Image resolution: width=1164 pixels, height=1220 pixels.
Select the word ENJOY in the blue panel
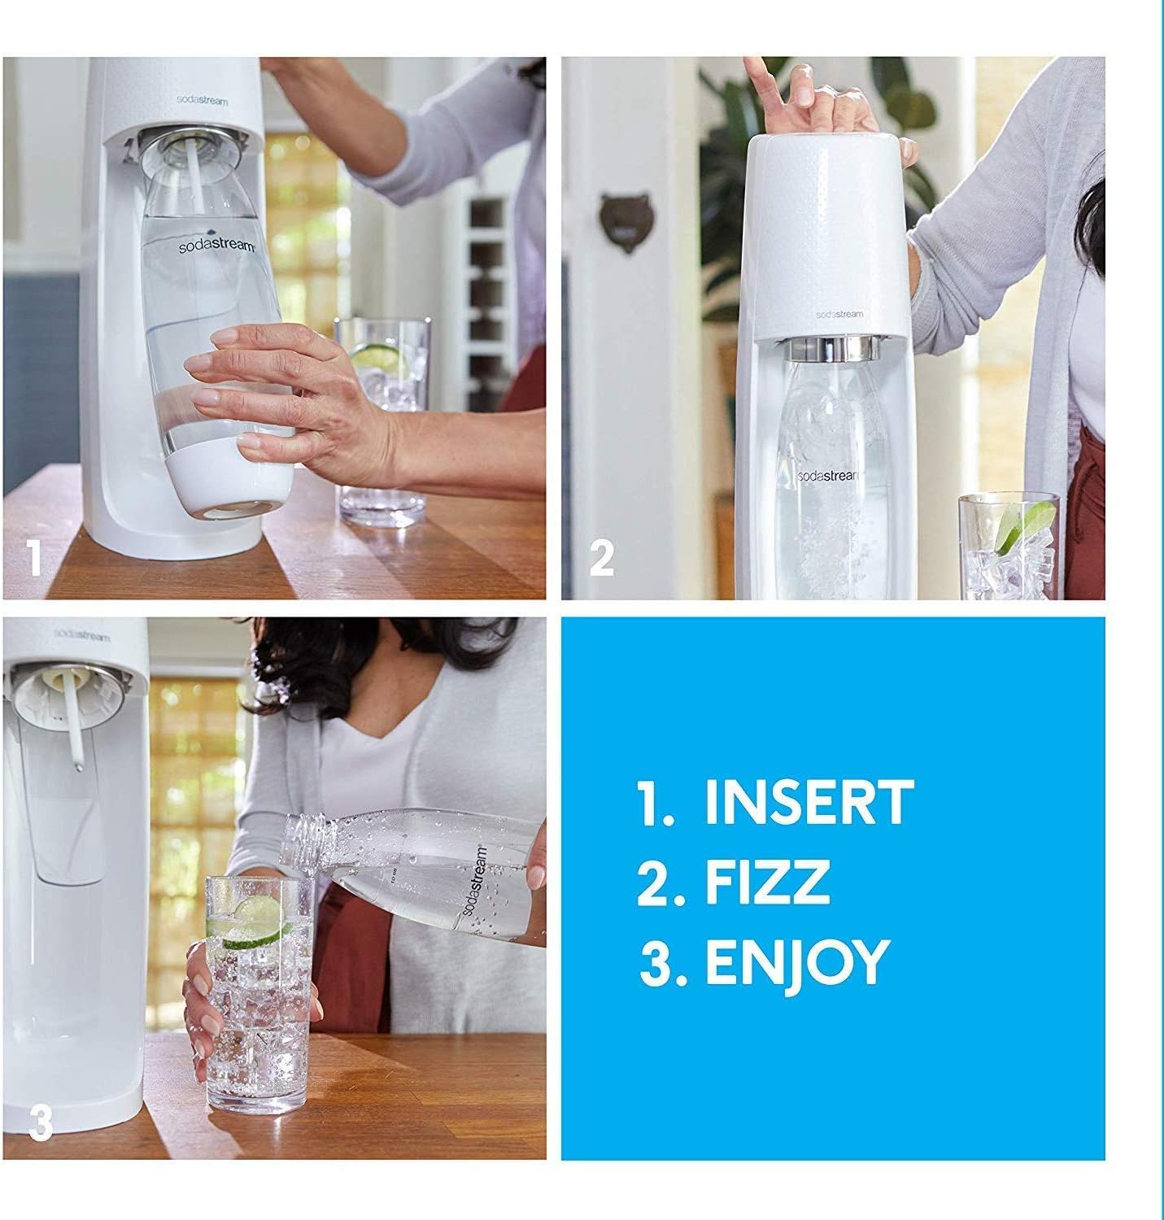click(795, 962)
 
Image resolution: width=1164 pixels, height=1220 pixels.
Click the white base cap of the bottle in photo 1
click(230, 485)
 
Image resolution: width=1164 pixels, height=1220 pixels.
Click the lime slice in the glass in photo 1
click(373, 355)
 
